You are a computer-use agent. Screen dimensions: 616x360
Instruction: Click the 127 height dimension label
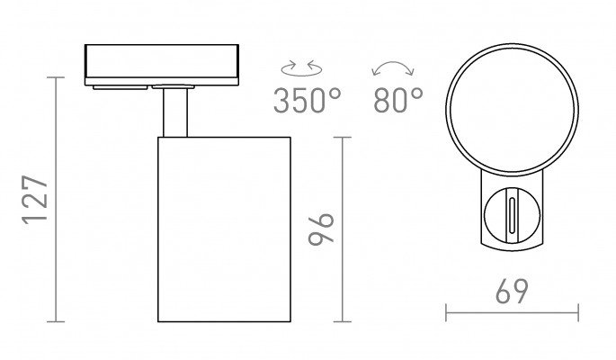[x=34, y=200]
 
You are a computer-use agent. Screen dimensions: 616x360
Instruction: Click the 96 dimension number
[x=321, y=229]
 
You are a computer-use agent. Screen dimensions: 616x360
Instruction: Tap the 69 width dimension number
[x=512, y=292]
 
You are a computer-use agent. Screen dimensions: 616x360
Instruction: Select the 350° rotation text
[x=308, y=101]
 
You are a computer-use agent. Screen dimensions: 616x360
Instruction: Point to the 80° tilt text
[x=398, y=100]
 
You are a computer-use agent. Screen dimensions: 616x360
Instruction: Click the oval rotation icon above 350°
[x=302, y=68]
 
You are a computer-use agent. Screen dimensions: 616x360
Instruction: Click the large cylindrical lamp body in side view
[x=224, y=229]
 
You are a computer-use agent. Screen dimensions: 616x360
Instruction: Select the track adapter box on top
[x=162, y=65]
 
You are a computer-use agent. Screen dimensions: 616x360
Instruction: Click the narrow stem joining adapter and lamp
[x=175, y=112]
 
